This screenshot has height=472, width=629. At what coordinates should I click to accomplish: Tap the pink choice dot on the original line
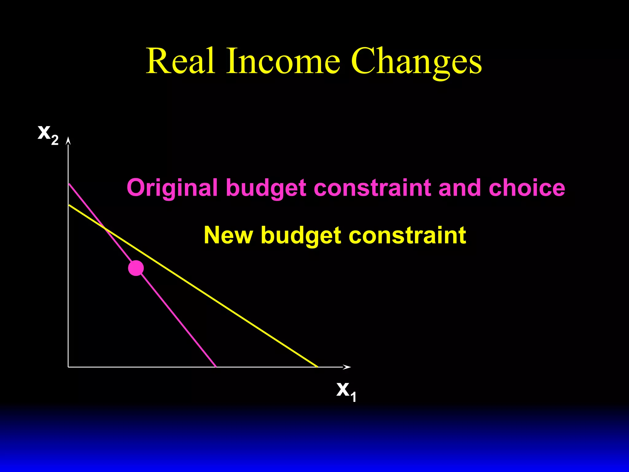coord(136,268)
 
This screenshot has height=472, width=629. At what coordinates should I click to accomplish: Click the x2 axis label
coord(48,134)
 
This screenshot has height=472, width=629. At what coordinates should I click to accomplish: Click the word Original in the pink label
coord(172,188)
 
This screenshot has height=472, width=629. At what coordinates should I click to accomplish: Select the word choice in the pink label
coord(526,187)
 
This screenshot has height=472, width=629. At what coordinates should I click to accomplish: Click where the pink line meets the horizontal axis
coord(216,367)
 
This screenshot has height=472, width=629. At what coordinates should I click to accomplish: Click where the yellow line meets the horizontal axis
coord(318,367)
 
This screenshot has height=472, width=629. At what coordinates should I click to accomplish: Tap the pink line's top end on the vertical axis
coord(69,184)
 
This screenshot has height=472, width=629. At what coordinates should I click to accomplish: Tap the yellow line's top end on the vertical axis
coord(69,205)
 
